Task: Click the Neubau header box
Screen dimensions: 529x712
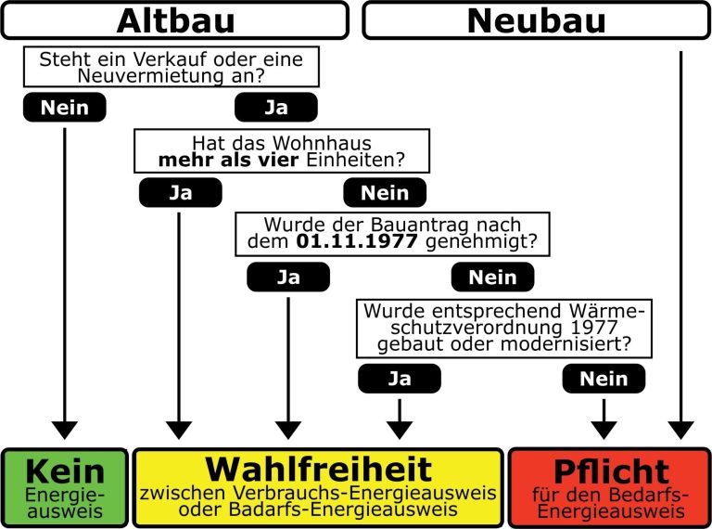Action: click(536, 19)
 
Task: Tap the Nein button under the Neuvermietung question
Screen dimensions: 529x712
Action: click(64, 108)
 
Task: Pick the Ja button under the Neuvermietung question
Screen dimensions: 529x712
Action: click(276, 108)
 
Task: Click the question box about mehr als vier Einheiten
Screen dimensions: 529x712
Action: click(282, 151)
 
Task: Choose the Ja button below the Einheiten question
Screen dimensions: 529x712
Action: click(180, 193)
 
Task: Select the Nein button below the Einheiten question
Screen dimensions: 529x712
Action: click(385, 193)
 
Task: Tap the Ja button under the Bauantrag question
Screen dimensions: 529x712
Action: click(288, 277)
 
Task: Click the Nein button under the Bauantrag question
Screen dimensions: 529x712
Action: click(492, 277)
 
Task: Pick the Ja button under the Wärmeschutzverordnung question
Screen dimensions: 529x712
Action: click(399, 379)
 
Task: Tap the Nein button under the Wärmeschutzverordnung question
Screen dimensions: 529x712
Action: click(604, 379)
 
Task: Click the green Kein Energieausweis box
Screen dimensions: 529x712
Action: click(64, 487)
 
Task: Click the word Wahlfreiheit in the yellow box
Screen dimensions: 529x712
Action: click(319, 469)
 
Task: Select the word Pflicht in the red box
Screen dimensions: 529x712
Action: click(609, 471)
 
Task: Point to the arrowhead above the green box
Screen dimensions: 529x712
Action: click(64, 430)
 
